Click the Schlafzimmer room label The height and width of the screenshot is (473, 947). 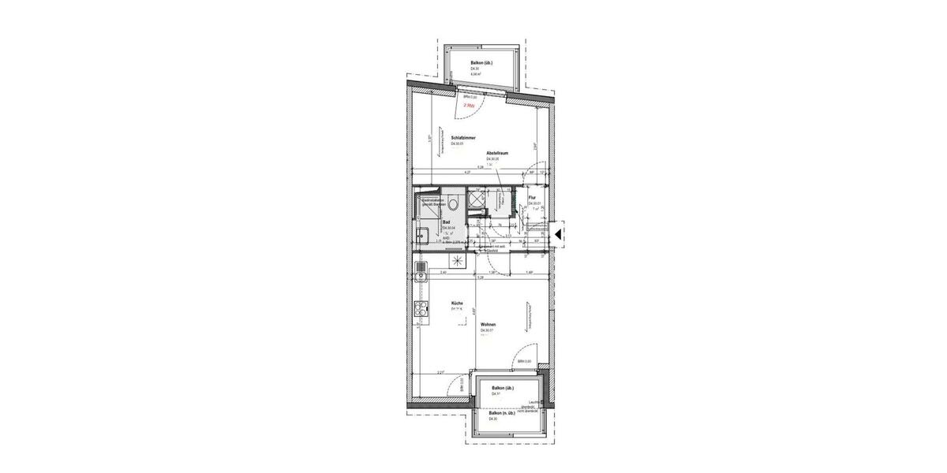(x=463, y=137)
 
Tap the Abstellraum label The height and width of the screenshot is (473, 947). (x=496, y=152)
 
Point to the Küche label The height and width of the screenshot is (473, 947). (x=457, y=303)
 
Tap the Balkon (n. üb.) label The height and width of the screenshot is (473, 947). (x=502, y=413)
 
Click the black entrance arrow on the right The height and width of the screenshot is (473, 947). (x=556, y=233)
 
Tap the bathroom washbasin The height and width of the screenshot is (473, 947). (x=422, y=234)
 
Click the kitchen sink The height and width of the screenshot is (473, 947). (x=421, y=273)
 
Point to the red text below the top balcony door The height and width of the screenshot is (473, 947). (x=469, y=104)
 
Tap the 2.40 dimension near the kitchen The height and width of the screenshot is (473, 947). (x=444, y=272)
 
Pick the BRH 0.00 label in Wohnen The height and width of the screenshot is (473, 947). (x=523, y=361)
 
